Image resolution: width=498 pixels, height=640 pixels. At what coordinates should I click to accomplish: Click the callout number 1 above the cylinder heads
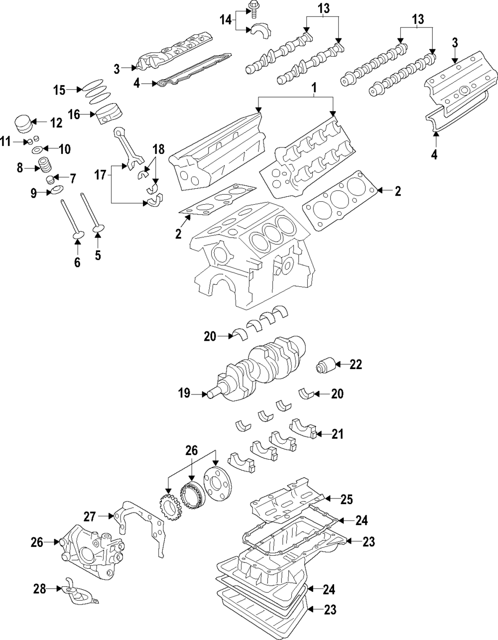point(314,88)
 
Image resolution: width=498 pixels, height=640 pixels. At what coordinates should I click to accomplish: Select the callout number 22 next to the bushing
point(356,365)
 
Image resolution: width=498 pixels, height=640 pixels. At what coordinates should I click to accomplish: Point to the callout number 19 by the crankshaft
point(184,393)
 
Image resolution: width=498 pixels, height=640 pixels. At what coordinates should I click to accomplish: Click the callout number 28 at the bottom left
point(39,589)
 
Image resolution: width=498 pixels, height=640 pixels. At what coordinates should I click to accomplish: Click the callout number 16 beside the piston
point(74,115)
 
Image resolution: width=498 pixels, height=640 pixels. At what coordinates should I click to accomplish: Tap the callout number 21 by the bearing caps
point(338,434)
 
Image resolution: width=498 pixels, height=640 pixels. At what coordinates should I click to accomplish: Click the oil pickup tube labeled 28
point(75,593)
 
